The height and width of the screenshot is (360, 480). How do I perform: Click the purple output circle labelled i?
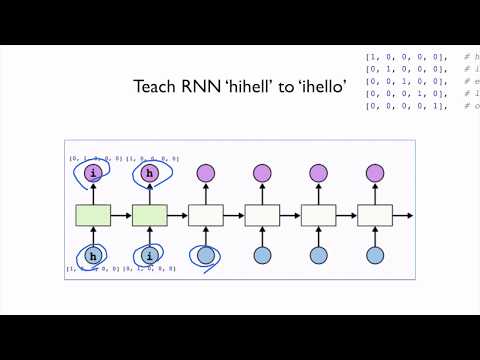[93, 173]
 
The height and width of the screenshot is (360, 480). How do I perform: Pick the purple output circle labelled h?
[150, 173]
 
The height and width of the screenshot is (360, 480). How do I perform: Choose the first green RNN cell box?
[93, 214]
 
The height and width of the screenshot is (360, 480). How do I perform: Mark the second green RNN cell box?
[150, 214]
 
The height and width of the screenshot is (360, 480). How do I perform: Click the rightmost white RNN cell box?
[375, 214]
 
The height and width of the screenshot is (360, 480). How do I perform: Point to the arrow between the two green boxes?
[121, 214]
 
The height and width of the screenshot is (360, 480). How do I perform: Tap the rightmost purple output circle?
[375, 173]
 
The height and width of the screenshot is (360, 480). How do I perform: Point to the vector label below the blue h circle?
[92, 270]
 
